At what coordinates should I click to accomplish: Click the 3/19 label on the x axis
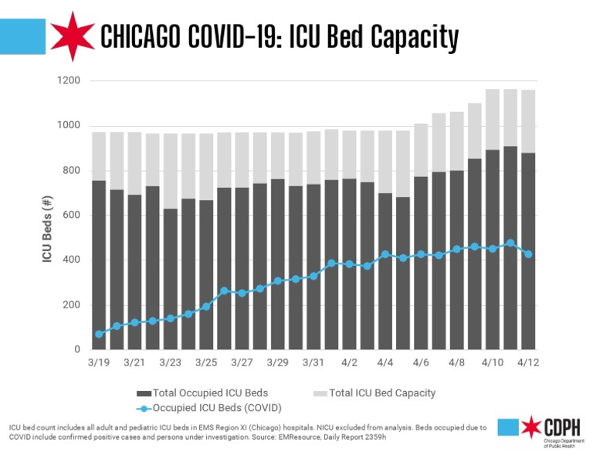tap(99, 362)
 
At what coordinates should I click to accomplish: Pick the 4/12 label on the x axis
tap(528, 362)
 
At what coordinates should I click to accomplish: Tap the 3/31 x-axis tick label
tap(313, 362)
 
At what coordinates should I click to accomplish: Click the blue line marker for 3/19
tap(99, 334)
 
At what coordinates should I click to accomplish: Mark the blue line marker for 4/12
tap(528, 254)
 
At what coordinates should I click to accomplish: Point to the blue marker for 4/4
tap(385, 254)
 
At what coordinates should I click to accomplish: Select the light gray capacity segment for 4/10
tap(492, 120)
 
